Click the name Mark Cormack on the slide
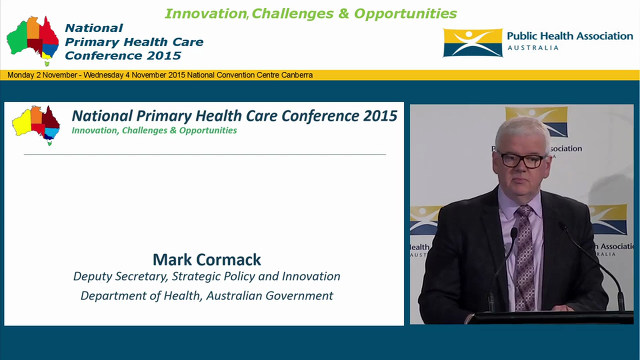coord(206,259)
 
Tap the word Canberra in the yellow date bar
coord(298,75)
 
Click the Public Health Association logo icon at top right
coord(472,42)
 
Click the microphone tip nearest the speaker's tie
coord(513,232)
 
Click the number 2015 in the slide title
coord(380,116)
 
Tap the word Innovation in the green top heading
coord(205,13)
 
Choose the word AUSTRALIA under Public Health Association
coord(533,48)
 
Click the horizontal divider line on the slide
coord(204,154)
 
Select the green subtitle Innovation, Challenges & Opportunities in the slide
coord(154,130)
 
